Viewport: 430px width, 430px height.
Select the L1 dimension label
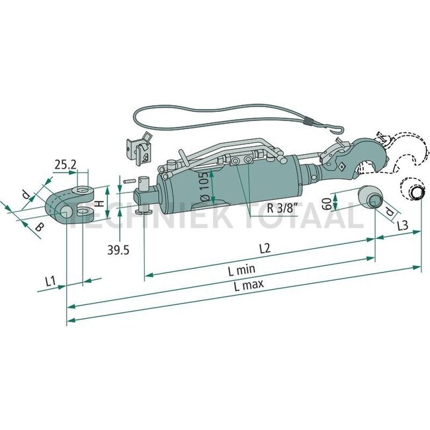click(50, 281)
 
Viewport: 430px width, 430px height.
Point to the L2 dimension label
click(265, 249)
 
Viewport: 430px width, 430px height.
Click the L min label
click(241, 270)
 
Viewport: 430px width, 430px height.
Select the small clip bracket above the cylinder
click(140, 151)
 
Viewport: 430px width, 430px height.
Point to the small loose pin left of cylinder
click(130, 179)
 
